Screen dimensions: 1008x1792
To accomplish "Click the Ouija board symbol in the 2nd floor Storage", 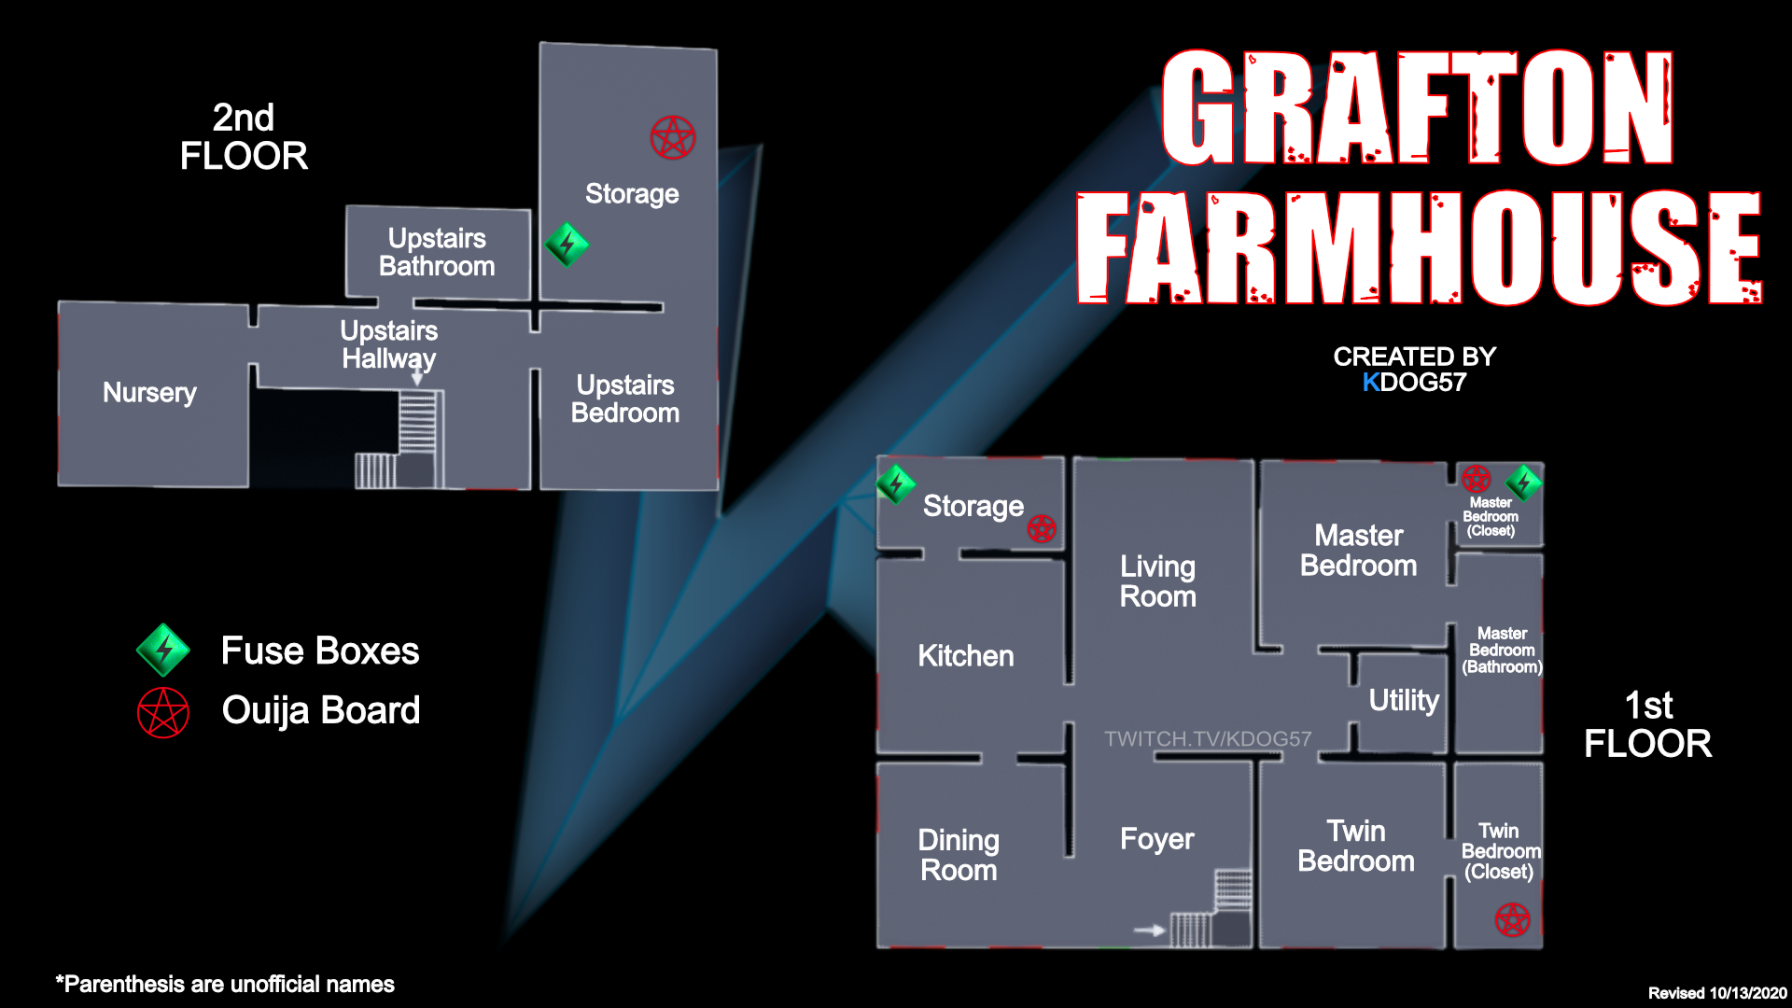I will click(673, 138).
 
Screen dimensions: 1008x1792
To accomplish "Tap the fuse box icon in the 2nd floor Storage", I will click(567, 245).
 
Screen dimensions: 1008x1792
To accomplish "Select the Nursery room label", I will click(149, 393).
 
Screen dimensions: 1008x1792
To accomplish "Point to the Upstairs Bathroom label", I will click(437, 252).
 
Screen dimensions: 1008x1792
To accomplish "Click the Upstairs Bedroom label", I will click(625, 399).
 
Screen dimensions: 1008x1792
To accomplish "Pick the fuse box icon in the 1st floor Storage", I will click(895, 483).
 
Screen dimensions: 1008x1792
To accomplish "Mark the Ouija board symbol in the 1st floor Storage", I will click(1042, 529).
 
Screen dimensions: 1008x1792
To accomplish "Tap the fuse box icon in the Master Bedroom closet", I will click(1523, 483).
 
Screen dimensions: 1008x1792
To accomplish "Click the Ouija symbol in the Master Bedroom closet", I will click(1477, 479).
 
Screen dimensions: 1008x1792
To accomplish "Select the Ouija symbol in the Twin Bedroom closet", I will click(1513, 919).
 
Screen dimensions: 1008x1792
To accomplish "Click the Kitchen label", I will click(965, 656).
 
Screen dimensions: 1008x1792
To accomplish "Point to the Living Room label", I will click(1157, 581).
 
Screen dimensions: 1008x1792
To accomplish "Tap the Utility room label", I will click(1404, 700).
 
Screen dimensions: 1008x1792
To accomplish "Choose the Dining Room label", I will click(959, 855).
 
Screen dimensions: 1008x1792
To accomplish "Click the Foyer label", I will click(1156, 839).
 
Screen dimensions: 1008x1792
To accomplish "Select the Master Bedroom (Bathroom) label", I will click(1502, 650).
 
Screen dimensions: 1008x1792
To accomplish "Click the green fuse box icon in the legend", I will click(163, 650).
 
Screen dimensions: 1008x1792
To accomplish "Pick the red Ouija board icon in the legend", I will click(163, 712).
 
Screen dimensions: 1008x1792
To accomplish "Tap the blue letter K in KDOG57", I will click(1370, 383).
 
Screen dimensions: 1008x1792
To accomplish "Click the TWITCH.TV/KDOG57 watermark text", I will click(1208, 739).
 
